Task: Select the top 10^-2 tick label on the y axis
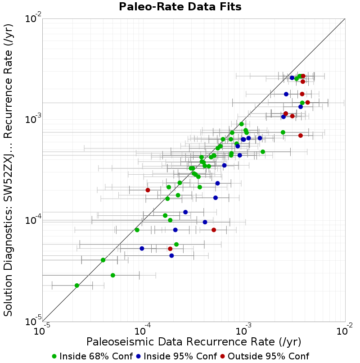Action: (x=33, y=18)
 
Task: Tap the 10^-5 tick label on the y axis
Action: (x=33, y=321)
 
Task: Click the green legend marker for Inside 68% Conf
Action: (x=54, y=357)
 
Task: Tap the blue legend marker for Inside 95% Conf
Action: (x=139, y=357)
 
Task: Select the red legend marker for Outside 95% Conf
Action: (x=223, y=357)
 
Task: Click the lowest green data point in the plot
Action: (x=77, y=286)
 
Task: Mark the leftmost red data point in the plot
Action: (x=148, y=190)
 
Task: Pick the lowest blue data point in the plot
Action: (x=171, y=255)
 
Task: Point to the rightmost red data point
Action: (x=307, y=102)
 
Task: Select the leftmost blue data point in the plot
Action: (x=142, y=249)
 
